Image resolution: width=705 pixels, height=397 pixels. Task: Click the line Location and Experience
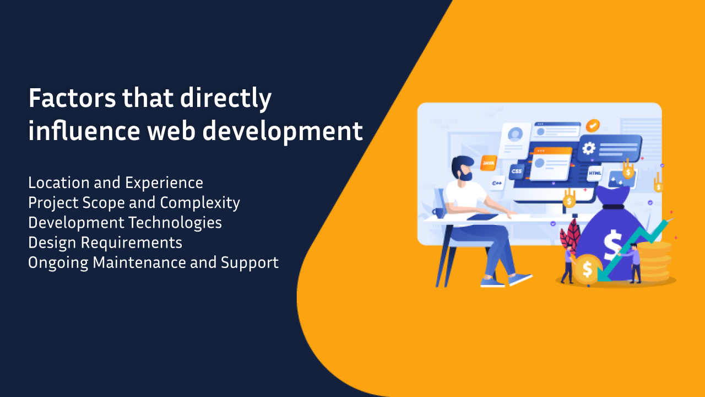[116, 183]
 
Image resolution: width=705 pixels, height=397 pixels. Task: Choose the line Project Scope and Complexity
[134, 203]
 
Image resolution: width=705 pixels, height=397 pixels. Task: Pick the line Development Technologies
[125, 223]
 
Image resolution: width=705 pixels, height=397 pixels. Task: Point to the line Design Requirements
[105, 243]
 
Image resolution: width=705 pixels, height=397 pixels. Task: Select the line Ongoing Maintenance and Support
[153, 262]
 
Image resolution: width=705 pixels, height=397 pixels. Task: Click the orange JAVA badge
[488, 163]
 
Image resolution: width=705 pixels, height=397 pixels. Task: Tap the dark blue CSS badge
[516, 171]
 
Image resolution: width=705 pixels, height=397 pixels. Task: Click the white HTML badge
[595, 173]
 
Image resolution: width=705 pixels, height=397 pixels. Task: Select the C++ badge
[497, 183]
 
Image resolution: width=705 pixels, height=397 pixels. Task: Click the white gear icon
[589, 148]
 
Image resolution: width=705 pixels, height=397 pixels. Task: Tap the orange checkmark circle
[593, 126]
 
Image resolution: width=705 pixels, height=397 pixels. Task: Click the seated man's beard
[466, 175]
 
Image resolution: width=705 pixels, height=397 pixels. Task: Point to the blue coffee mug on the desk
[439, 211]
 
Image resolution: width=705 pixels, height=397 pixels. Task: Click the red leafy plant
[568, 234]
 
